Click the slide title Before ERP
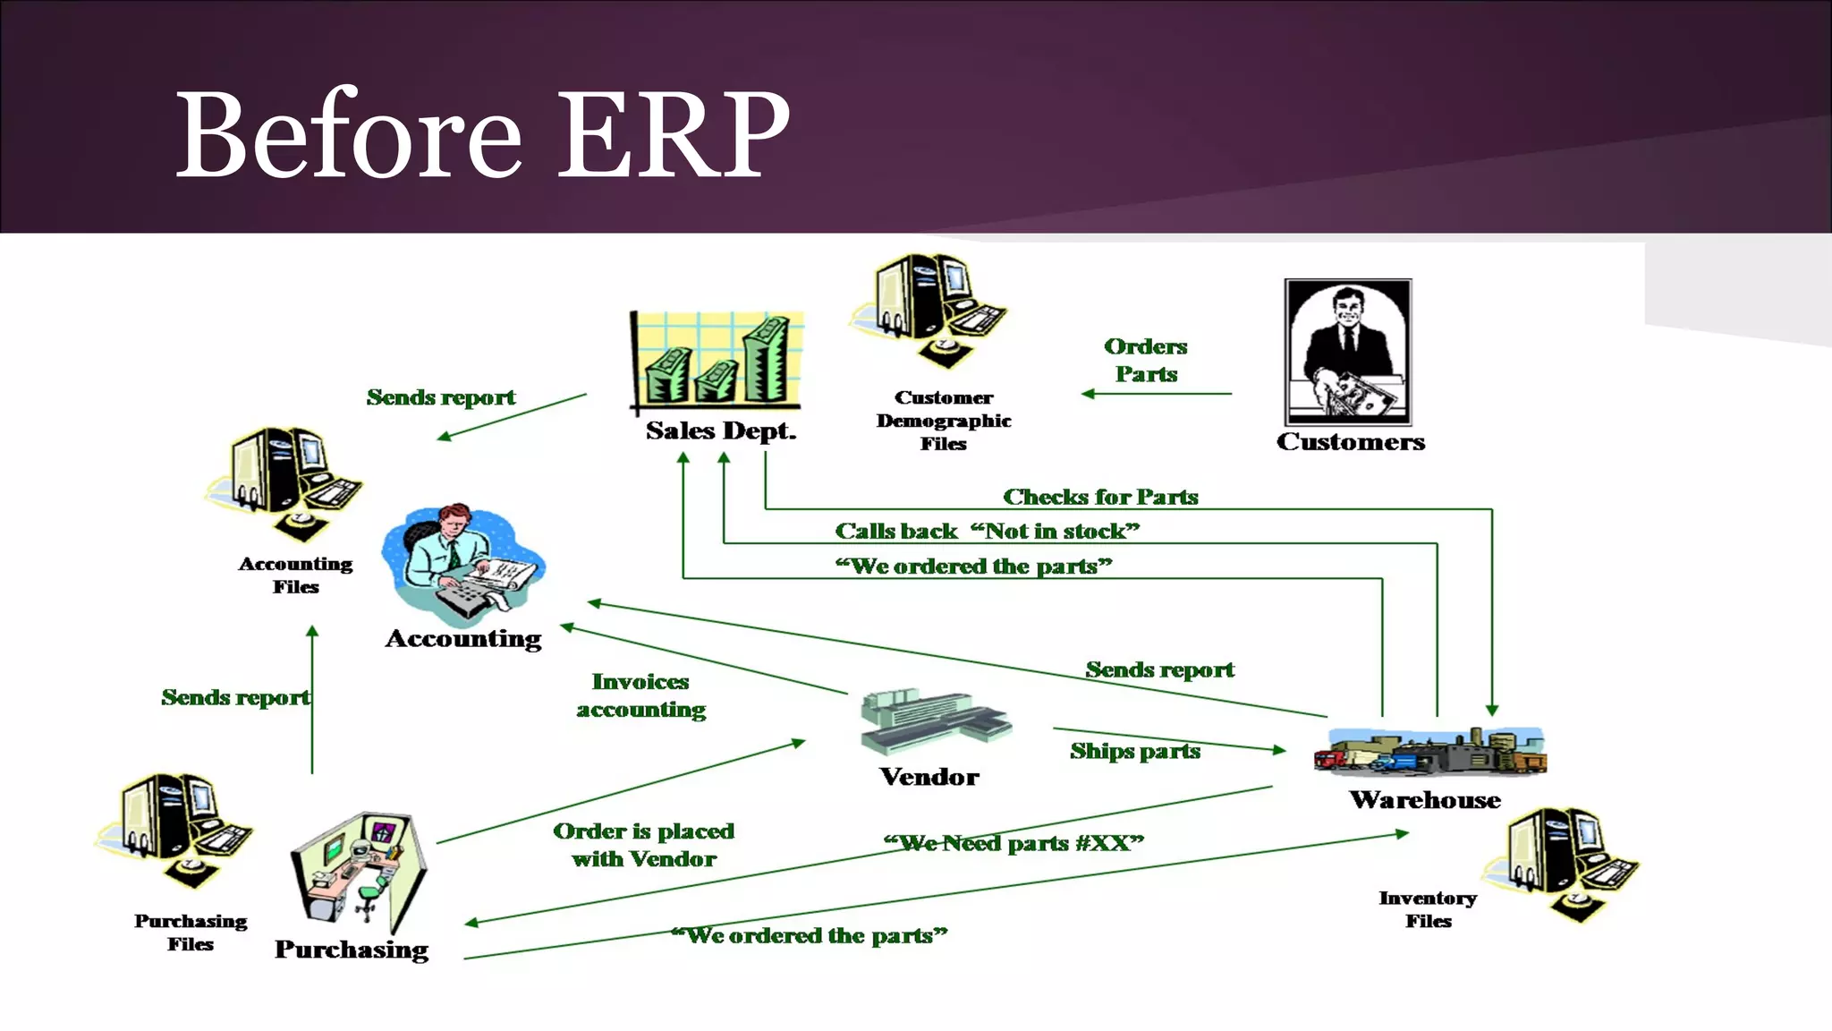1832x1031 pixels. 483,134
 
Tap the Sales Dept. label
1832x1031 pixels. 721,431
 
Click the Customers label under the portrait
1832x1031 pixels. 1350,442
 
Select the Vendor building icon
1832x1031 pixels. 934,721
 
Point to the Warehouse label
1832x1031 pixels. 1425,800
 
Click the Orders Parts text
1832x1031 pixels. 1146,360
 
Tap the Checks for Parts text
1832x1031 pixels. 1100,497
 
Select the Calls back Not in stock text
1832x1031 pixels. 987,532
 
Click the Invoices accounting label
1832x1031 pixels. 640,695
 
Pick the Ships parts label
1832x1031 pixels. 1135,751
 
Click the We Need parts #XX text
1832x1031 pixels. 1014,843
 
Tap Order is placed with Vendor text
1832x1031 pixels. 643,845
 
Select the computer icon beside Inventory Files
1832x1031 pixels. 1561,864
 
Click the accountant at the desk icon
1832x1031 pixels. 462,564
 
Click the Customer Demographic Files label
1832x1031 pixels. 944,421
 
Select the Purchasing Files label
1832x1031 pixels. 191,933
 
